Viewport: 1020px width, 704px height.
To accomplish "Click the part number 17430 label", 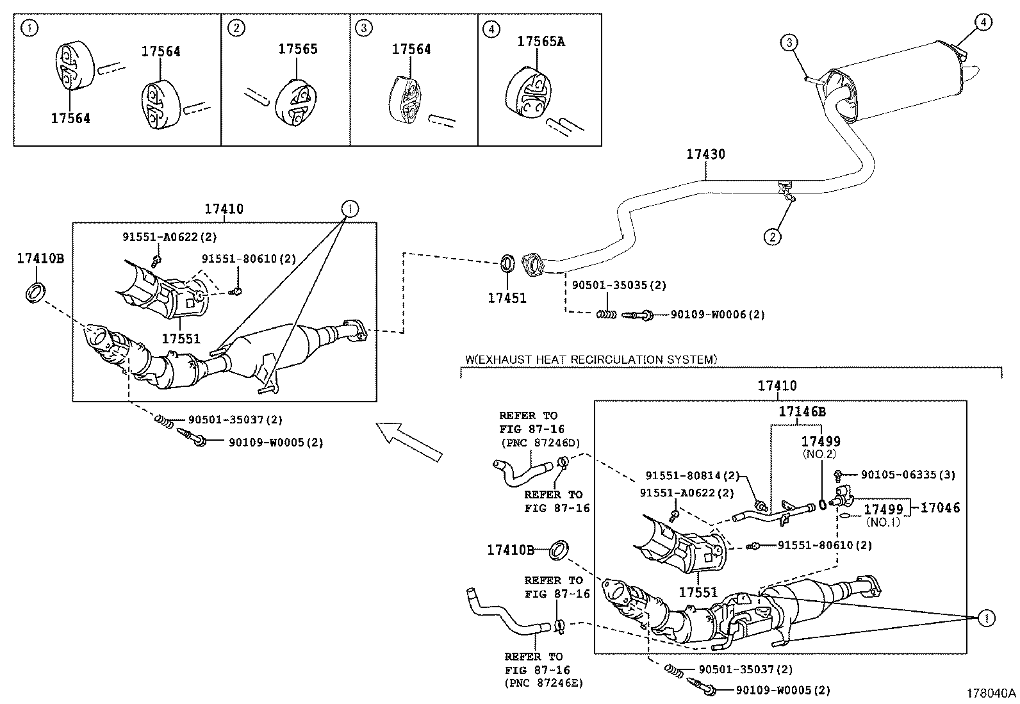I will point(705,154).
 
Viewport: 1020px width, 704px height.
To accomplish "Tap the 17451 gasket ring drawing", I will point(507,263).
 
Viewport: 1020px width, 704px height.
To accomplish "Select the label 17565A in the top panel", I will point(541,42).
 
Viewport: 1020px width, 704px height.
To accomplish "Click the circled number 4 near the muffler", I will point(983,22).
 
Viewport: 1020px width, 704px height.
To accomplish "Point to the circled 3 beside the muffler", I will point(789,43).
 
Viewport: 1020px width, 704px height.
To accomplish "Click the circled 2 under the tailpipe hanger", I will point(773,237).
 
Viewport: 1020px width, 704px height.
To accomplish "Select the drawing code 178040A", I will point(991,693).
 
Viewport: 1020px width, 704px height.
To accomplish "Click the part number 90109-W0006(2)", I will point(718,315).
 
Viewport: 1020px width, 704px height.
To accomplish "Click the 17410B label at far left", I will point(40,259).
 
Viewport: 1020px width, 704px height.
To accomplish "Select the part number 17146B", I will point(802,412).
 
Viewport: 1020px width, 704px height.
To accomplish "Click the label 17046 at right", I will point(941,508).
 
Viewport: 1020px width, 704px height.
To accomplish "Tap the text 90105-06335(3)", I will point(908,475).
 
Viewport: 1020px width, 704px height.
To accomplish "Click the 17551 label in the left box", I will point(181,339).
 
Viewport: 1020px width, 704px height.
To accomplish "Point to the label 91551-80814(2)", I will point(692,476).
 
